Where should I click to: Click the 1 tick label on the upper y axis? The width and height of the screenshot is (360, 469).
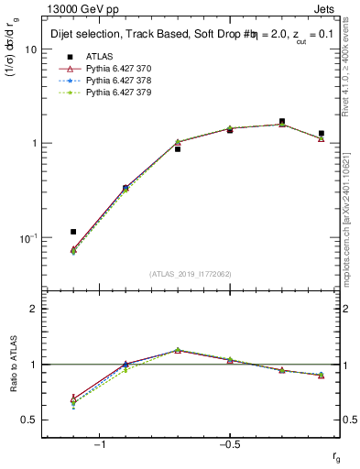(34, 144)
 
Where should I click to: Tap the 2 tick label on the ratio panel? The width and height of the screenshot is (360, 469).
(34, 309)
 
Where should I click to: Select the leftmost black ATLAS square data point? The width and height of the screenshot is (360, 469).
(73, 232)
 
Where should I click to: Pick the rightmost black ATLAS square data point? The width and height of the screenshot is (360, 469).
(321, 134)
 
